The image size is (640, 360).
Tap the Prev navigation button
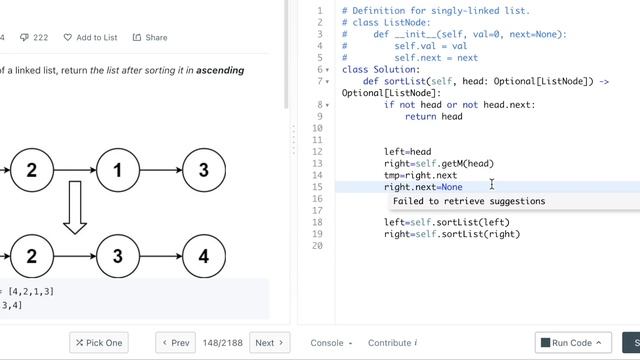pyautogui.click(x=175, y=342)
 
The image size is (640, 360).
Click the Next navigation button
pyautogui.click(x=269, y=342)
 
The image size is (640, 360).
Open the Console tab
pyautogui.click(x=331, y=343)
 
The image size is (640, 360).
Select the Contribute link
pyautogui.click(x=392, y=343)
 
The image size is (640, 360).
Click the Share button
pyautogui.click(x=150, y=37)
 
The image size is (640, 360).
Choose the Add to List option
pyautogui.click(x=91, y=37)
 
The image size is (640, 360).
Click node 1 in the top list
pyautogui.click(x=117, y=170)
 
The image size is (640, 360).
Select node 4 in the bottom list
pyautogui.click(x=204, y=256)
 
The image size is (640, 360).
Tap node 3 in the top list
pyautogui.click(x=204, y=170)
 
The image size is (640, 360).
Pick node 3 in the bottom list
pyautogui.click(x=117, y=256)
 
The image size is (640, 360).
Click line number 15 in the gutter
pyautogui.click(x=318, y=187)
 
